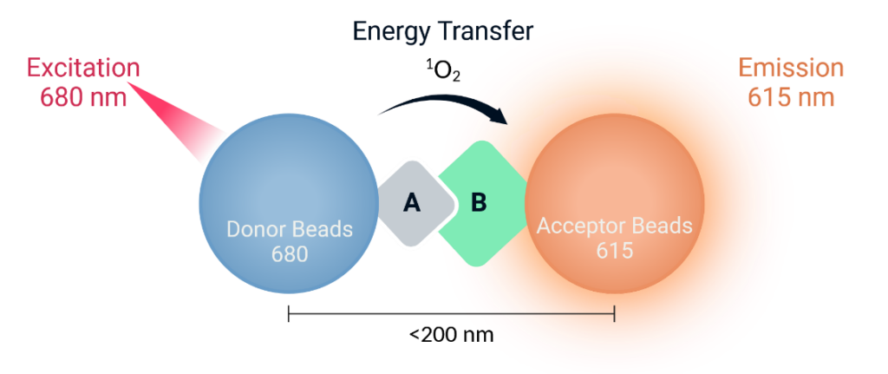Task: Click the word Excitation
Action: [83, 68]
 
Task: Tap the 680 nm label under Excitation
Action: [83, 96]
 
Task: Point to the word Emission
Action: [791, 68]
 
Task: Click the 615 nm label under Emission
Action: [791, 96]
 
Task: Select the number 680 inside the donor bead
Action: [290, 255]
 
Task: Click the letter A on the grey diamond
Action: [412, 203]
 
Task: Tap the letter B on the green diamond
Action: [479, 203]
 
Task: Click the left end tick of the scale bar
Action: [289, 314]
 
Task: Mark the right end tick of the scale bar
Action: [615, 314]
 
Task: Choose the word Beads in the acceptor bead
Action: [663, 226]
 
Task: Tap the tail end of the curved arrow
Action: [378, 115]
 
